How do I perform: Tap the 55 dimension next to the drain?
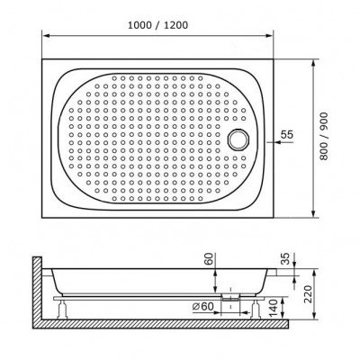287,135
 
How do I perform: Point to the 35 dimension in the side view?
286,258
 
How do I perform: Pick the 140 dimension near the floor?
286,307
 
